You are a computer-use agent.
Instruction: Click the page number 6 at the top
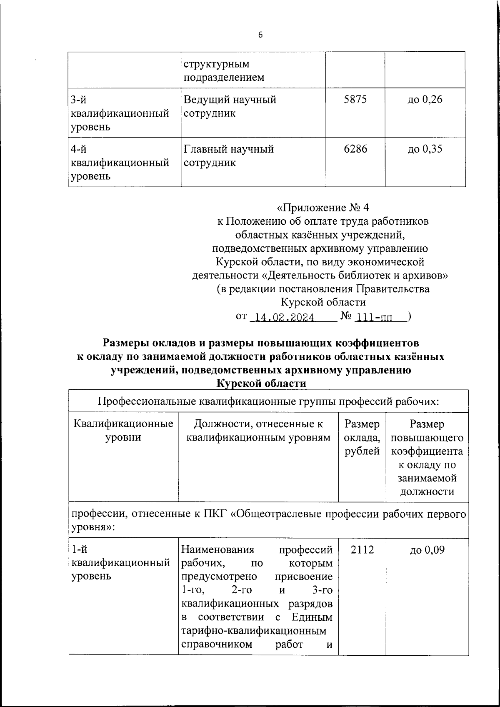click(260, 35)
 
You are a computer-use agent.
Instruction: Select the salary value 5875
click(355, 100)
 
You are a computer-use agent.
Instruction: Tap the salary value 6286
click(355, 149)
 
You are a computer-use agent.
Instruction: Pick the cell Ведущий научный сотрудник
click(230, 106)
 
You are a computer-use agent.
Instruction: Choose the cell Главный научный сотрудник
click(229, 155)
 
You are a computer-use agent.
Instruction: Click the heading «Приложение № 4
click(323, 208)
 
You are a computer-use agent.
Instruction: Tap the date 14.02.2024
click(284, 318)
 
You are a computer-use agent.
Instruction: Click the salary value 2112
click(362, 550)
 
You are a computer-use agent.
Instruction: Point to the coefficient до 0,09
click(427, 550)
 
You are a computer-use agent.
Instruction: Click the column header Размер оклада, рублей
click(362, 437)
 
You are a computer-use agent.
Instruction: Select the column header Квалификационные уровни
click(123, 431)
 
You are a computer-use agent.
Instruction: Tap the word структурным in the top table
click(217, 64)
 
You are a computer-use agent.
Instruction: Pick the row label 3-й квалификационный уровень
click(120, 113)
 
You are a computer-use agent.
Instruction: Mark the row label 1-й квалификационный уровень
click(121, 563)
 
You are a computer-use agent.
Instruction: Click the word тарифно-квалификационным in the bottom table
click(254, 631)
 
